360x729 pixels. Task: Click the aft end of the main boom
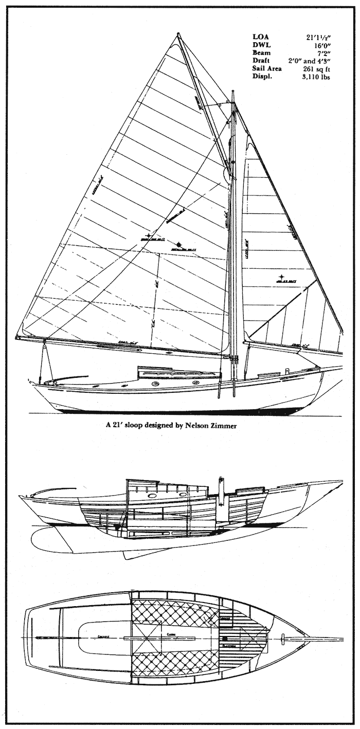point(18,337)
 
